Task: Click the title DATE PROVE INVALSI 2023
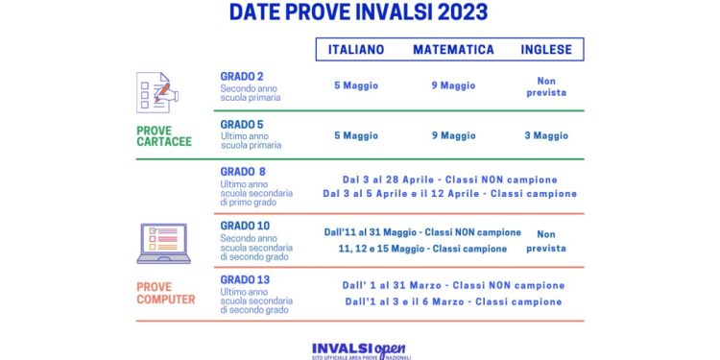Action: point(359,12)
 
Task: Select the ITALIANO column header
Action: point(356,49)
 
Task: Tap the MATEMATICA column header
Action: point(453,49)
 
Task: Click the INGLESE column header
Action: point(546,49)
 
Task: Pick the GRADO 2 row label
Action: point(242,76)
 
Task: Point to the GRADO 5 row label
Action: point(242,124)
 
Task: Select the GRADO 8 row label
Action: point(243,172)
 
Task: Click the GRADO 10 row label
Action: point(245,226)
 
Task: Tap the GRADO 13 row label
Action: point(245,279)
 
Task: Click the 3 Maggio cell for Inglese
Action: point(546,136)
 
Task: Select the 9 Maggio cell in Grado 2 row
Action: point(452,85)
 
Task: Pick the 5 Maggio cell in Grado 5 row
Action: point(356,136)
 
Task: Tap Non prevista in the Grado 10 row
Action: point(546,240)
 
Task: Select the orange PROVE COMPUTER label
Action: point(166,293)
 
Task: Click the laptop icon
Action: point(163,244)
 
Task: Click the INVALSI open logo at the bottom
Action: point(361,350)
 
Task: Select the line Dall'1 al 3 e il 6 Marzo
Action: point(453,301)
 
